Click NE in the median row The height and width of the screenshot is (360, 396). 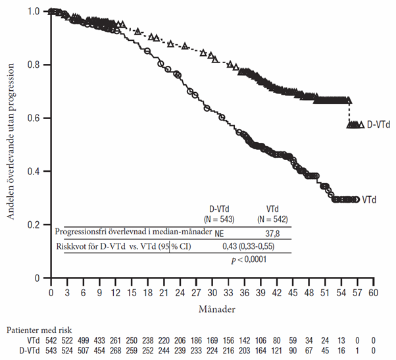pos(220,234)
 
